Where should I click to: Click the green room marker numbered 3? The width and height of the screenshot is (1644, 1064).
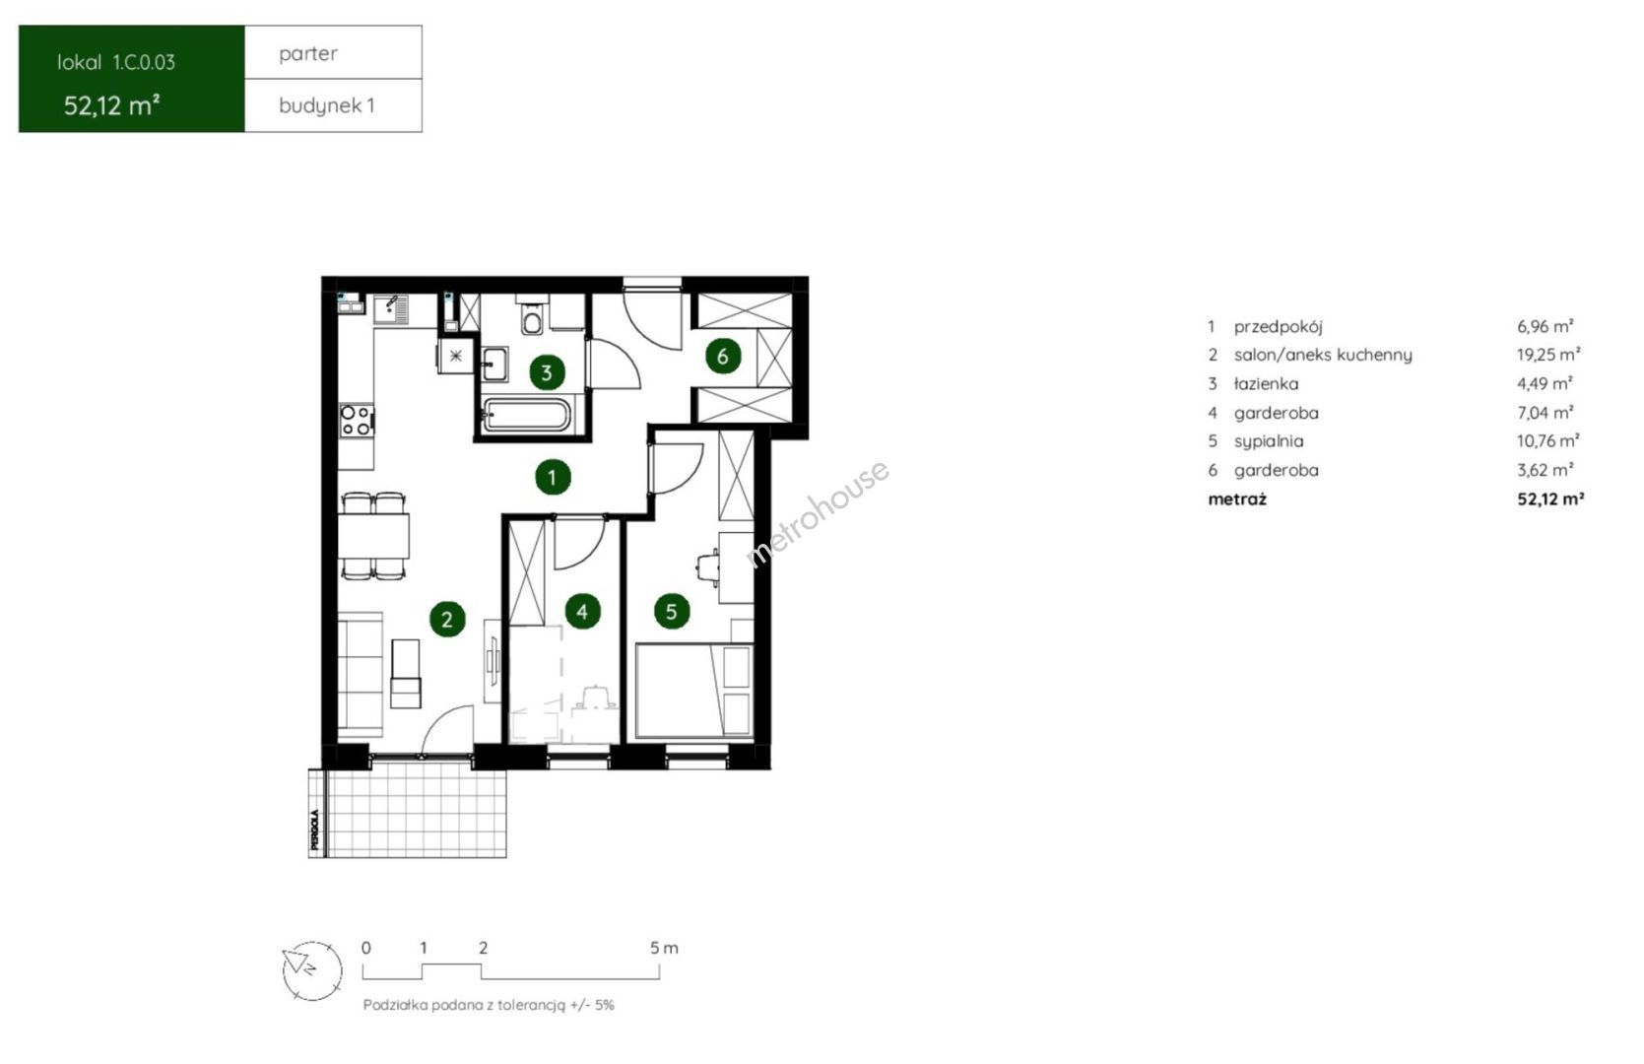coord(547,372)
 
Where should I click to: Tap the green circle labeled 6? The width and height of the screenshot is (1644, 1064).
coord(723,356)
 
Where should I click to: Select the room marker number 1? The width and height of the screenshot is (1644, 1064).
coord(553,478)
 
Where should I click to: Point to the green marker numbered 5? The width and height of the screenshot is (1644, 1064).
coord(672,611)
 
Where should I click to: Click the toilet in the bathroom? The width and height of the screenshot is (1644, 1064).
coord(533,317)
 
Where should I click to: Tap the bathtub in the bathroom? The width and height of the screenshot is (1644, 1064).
coord(526,416)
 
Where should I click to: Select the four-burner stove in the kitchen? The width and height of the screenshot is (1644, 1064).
coord(356,421)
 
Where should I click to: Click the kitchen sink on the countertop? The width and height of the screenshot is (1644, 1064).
coord(390,309)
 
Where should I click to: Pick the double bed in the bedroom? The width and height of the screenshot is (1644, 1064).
coord(694,691)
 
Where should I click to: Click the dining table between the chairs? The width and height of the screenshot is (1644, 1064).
coord(373,536)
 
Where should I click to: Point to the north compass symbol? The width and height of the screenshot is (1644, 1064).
coord(312,970)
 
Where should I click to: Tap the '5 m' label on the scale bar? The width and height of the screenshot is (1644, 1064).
coord(664,948)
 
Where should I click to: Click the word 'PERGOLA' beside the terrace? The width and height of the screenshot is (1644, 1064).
coord(315,829)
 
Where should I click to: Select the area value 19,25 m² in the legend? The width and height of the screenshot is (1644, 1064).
coord(1548,355)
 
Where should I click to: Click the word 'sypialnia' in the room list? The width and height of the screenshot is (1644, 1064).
coord(1269,441)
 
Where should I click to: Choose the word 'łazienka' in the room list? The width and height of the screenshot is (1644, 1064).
coord(1266,383)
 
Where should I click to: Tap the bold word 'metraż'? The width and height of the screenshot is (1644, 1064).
coord(1237,499)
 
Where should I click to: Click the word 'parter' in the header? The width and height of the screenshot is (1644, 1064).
coord(308,53)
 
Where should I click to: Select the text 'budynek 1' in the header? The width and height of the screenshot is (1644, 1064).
coord(327,105)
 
